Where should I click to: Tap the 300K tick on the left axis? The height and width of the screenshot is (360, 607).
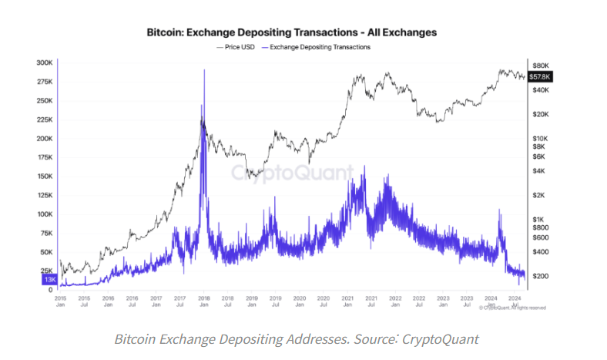pos(45,62)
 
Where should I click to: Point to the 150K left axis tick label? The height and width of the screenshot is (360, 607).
pos(45,176)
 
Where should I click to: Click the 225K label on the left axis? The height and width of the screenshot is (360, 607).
pos(45,119)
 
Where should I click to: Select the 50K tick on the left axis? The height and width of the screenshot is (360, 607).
pos(46,252)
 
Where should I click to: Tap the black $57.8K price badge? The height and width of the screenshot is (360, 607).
pos(539,77)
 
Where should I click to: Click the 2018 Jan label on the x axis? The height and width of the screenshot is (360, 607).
pos(203,301)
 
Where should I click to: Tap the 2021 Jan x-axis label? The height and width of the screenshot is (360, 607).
pos(347,301)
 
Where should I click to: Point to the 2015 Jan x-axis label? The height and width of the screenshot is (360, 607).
pos(61,301)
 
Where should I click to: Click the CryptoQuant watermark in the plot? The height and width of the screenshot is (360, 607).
pos(293,173)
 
